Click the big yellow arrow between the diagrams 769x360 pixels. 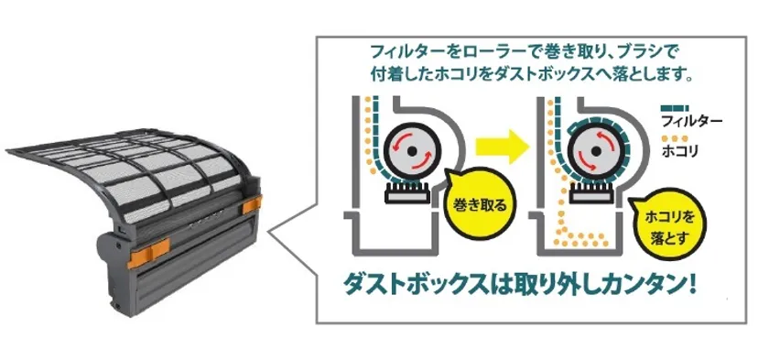point(504,147)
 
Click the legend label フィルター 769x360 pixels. point(692,120)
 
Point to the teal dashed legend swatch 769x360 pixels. point(675,108)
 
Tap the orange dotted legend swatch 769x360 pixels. point(675,137)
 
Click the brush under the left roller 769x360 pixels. point(407,191)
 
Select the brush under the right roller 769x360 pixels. point(591,191)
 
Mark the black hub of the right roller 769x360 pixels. point(595,151)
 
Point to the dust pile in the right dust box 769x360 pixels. point(581,238)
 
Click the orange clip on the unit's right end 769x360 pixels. point(252,204)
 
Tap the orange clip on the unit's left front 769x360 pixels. point(148,252)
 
